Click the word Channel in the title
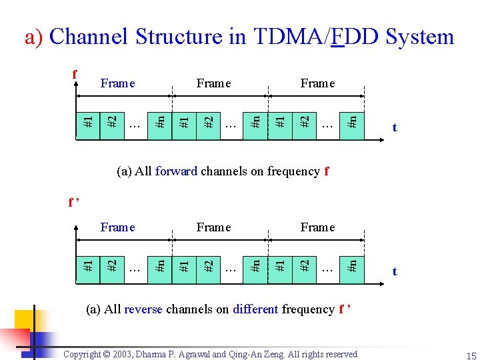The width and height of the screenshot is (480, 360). point(89,37)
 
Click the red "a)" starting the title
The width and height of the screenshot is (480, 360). point(35,37)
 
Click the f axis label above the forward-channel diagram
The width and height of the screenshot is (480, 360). point(75,75)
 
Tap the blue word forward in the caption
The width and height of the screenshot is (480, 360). point(176,171)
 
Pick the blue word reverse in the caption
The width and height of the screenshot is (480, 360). point(143,309)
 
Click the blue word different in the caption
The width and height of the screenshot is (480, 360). point(255,309)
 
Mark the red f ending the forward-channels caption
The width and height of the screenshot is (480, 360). point(326,171)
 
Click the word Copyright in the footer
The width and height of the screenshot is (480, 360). point(85,354)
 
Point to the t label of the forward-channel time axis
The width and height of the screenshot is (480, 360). point(395,127)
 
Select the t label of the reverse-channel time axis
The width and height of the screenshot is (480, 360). point(395,271)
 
